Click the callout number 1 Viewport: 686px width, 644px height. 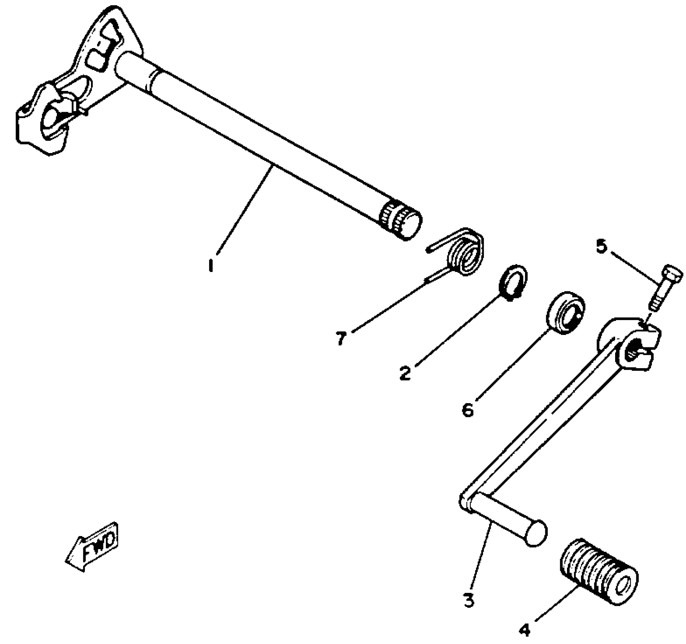click(211, 265)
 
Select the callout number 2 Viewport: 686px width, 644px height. click(405, 373)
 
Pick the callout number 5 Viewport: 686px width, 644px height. click(601, 247)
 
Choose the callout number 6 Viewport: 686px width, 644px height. click(468, 410)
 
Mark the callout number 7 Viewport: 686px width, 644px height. click(341, 338)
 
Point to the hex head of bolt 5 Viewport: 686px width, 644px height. click(671, 273)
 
